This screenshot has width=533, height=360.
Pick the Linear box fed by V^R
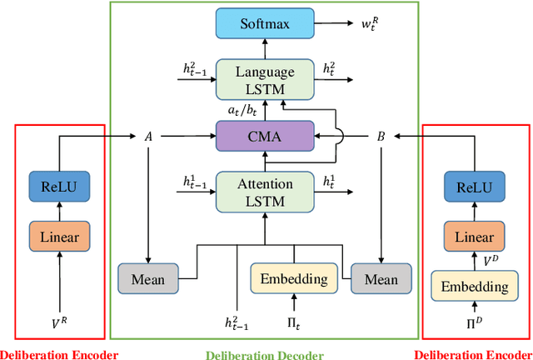click(x=59, y=237)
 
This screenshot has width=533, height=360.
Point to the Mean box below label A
click(x=147, y=277)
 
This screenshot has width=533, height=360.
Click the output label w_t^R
click(x=369, y=25)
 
